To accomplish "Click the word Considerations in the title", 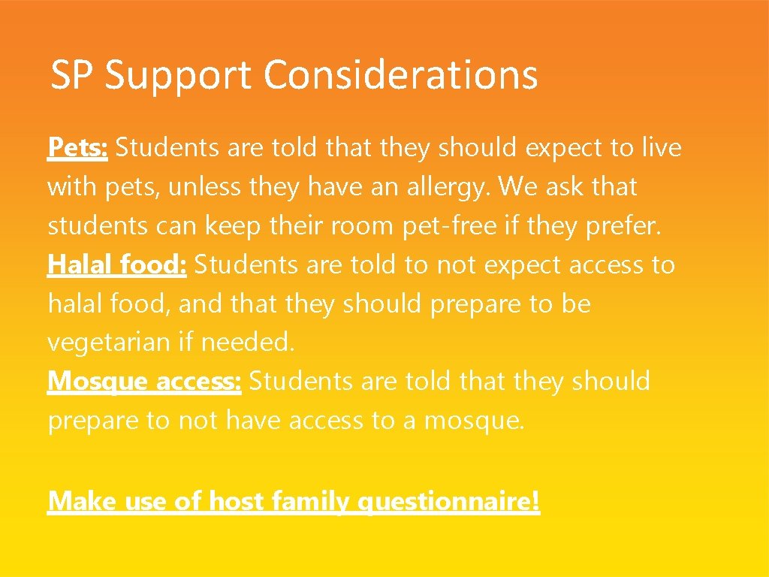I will [x=401, y=75].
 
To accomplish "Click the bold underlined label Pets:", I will [x=78, y=148].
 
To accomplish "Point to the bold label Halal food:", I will [x=117, y=264].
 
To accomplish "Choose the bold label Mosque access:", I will [x=144, y=382].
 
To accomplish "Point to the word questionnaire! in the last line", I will [x=452, y=500].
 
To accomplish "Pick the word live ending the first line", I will [x=661, y=148].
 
